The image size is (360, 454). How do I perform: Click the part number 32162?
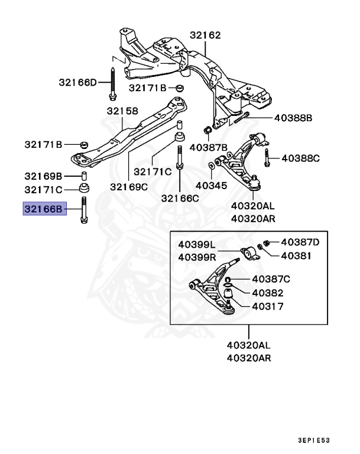[x=205, y=35]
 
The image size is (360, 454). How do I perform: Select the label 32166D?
[x=77, y=82]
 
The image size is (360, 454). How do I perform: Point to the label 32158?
[x=122, y=111]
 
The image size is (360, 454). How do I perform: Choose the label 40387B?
[x=208, y=147]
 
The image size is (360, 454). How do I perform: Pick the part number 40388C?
[x=300, y=158]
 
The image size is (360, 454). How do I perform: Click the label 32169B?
[x=43, y=176]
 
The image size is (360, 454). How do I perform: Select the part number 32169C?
[x=128, y=187]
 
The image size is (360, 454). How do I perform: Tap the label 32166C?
[x=180, y=198]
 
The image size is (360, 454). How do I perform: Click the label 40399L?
[x=197, y=244]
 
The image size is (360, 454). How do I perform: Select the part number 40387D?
[x=300, y=242]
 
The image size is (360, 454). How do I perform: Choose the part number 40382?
[x=268, y=293]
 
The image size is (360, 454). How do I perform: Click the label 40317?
[x=268, y=306]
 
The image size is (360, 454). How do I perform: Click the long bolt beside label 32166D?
[x=112, y=82]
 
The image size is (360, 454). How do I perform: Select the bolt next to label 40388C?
[x=267, y=157]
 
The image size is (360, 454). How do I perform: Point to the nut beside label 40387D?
[x=267, y=242]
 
